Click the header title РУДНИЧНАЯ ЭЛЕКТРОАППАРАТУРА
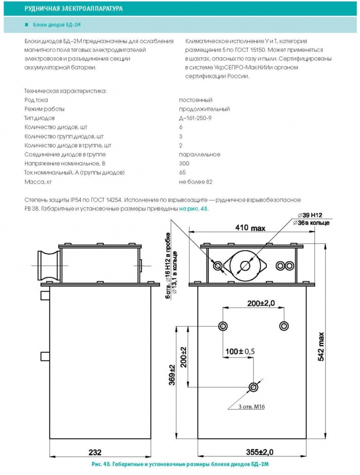point(74,8)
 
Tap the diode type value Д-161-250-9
point(195,118)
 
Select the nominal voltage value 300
point(184,163)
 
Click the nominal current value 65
point(182,173)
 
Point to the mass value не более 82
point(196,182)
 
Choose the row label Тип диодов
point(39,118)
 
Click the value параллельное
point(199,155)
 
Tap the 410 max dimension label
point(250,228)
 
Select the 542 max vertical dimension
point(321,346)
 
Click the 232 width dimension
point(95,452)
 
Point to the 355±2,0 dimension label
point(260,452)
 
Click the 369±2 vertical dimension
point(172,375)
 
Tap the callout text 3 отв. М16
point(251,407)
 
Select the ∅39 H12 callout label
point(310,215)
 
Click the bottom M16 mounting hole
point(253,387)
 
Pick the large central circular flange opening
point(245,266)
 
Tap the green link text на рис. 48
point(194,209)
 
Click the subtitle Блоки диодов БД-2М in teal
point(57,25)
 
